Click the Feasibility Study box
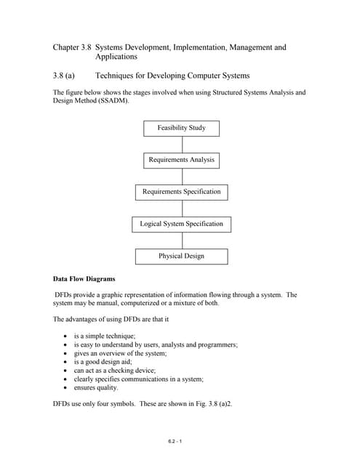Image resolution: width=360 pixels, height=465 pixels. point(181,129)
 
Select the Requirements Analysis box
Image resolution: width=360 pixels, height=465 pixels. point(181,160)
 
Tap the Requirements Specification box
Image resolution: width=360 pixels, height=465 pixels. point(181,192)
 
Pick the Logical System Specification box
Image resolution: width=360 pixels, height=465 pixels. point(181,224)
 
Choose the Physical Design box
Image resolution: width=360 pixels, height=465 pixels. point(181,256)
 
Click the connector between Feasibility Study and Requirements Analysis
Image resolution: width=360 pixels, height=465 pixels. point(182,144)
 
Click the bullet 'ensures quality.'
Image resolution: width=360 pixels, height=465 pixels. point(96,387)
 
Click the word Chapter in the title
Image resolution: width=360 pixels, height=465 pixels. point(66,47)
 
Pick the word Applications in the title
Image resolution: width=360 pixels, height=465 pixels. point(116,57)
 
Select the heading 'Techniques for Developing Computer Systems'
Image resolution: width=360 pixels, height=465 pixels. point(172,76)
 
